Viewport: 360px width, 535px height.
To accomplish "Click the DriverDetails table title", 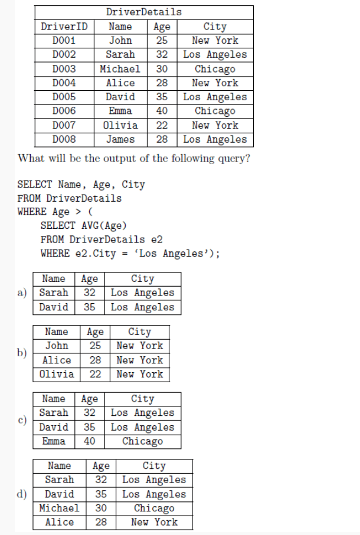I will pos(143,12).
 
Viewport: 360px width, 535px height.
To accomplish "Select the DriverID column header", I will pos(64,27).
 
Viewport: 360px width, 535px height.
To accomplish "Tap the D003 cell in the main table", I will pos(64,68).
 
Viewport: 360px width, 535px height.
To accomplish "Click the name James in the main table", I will pos(120,140).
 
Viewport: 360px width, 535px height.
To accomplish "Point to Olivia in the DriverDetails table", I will pos(120,125).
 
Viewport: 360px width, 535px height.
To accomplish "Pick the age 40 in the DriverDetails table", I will pos(161,111).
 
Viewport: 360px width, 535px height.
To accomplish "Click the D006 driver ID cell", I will pos(64,111).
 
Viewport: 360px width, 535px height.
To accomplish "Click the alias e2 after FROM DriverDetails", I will pos(156,239).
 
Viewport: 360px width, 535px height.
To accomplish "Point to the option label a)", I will pos(23,293).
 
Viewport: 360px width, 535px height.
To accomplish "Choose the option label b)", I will pos(23,353).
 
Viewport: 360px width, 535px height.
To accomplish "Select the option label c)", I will pos(23,420).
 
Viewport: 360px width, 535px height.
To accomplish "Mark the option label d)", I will pos(23,494).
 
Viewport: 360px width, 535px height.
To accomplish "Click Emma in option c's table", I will pos(54,441).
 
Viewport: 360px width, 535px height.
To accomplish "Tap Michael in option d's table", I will pos(59,508).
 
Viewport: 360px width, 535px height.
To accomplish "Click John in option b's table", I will pos(57,346).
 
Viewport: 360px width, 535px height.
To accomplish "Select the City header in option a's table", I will pos(142,278).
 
